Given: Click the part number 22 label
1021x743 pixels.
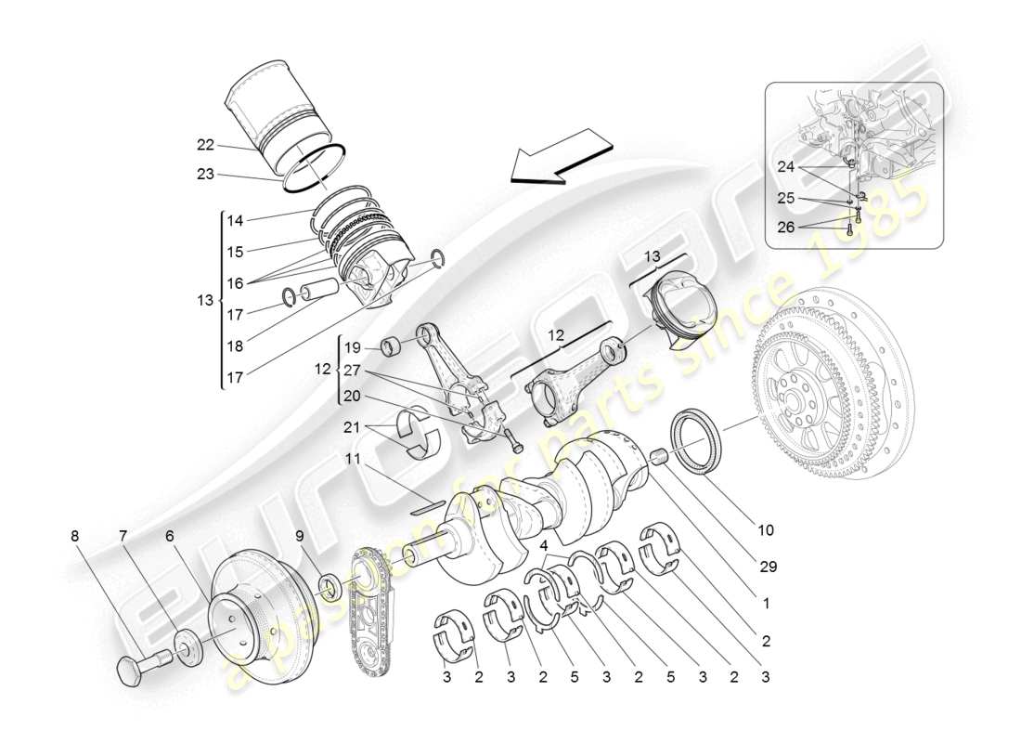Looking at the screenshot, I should coord(205,144).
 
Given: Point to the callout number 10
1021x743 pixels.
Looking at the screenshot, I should coord(765,530).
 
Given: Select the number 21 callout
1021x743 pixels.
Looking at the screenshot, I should coord(351,426).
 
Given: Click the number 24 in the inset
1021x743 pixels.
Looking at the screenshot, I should coord(787,167).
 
